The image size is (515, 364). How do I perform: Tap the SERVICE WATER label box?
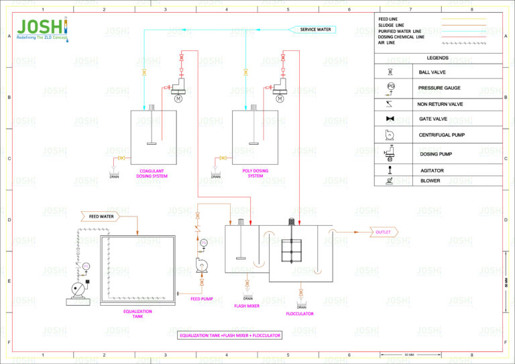point(314,29)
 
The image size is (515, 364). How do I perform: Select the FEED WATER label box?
point(101,217)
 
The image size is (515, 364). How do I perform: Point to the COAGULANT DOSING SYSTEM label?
point(152,174)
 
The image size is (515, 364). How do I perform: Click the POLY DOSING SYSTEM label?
point(255,173)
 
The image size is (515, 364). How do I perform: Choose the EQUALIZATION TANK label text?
point(137,314)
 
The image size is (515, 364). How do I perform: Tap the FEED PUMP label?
point(201,299)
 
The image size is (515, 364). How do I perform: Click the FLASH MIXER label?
point(247,306)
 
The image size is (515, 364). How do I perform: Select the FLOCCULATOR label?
point(299,314)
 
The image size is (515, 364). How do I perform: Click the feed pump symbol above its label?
point(201,266)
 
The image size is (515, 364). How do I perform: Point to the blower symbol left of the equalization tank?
point(80,289)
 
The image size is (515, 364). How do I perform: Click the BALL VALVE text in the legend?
point(432,72)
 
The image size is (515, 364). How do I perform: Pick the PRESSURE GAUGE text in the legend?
point(439,88)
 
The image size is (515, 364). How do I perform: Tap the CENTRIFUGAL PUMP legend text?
point(441,135)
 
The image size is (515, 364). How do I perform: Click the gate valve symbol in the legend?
point(390,119)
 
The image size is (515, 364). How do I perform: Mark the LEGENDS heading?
point(437,58)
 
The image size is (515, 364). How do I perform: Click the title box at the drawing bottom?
point(230,335)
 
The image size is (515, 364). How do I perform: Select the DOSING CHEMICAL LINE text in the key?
point(401,37)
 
